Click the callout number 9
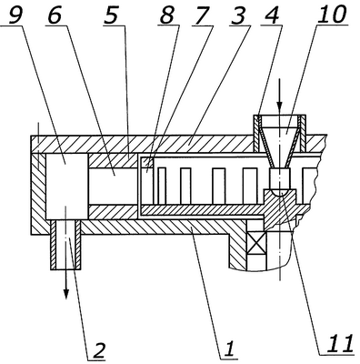point(15,15)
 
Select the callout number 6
point(55,15)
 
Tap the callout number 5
point(111,15)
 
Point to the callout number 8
point(167,15)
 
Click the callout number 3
point(239,15)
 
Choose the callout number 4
point(272,15)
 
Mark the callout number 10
point(332,15)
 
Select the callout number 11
point(339,344)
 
